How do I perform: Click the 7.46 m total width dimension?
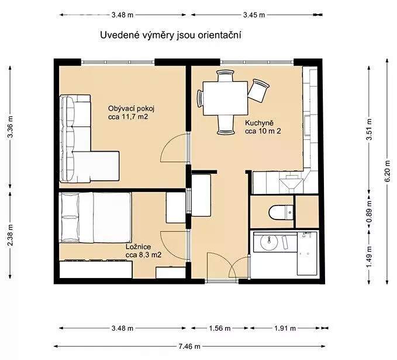click(x=189, y=346)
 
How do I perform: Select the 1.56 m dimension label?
click(x=220, y=328)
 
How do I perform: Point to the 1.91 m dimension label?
click(x=285, y=328)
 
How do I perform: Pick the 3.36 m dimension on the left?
click(x=10, y=127)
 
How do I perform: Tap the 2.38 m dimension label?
click(x=10, y=235)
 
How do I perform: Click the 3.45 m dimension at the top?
click(x=254, y=15)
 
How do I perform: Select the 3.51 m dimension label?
click(x=370, y=129)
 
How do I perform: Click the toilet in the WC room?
click(x=281, y=212)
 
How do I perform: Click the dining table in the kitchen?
click(x=225, y=98)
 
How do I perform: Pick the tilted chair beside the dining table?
click(x=258, y=90)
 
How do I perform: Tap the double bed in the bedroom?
click(x=95, y=218)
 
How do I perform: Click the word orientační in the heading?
click(x=219, y=35)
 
